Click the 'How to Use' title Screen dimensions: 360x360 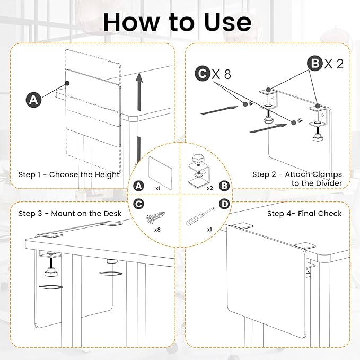click(x=177, y=22)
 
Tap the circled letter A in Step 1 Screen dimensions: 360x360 click(x=33, y=100)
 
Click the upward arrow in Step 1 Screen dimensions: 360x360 click(x=139, y=92)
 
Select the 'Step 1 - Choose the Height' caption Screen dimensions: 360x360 click(x=69, y=175)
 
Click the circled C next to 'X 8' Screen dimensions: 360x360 click(x=203, y=74)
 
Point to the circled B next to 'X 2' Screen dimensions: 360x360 click(x=315, y=63)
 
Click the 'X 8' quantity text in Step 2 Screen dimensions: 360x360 click(x=221, y=74)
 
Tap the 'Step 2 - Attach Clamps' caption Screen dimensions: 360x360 click(x=297, y=174)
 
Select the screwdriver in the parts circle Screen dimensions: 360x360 click(x=200, y=217)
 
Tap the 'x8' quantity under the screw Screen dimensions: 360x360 click(x=157, y=230)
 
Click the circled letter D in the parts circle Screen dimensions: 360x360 click(x=224, y=204)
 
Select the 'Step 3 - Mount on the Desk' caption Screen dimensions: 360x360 click(x=70, y=214)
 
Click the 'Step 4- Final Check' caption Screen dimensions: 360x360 click(x=304, y=214)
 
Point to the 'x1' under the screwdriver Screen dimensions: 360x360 click(x=209, y=230)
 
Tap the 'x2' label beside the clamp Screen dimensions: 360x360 click(x=210, y=188)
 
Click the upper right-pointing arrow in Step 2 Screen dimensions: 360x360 click(x=219, y=110)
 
